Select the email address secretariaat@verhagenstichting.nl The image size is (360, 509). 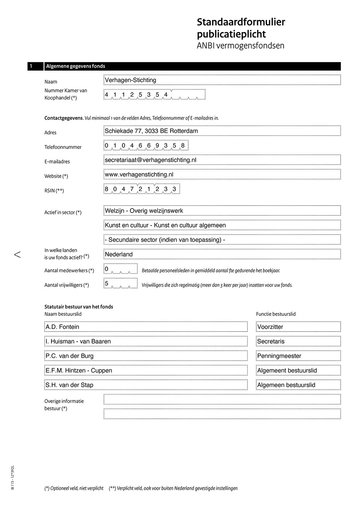150,160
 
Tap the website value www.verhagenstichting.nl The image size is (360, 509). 139,175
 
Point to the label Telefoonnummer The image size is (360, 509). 63,147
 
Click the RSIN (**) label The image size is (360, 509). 54,191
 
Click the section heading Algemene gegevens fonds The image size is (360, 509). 76,66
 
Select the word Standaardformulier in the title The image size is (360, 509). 241,22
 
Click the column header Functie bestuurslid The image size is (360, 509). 276,314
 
